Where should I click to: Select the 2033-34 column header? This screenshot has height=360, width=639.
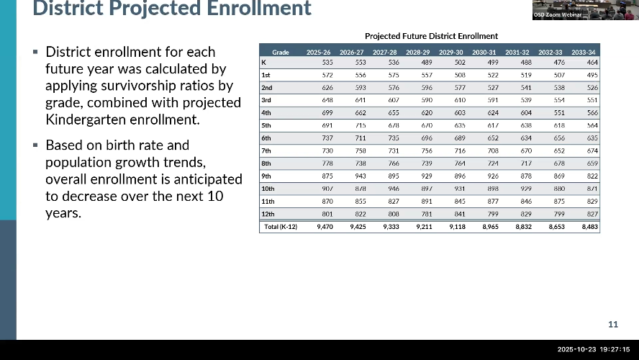tap(582, 52)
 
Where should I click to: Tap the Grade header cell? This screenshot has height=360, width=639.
tap(280, 52)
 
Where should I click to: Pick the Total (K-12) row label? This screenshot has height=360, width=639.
tap(279, 226)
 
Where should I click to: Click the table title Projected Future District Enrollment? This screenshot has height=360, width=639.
tap(431, 36)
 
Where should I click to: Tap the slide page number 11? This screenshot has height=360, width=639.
tap(613, 324)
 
